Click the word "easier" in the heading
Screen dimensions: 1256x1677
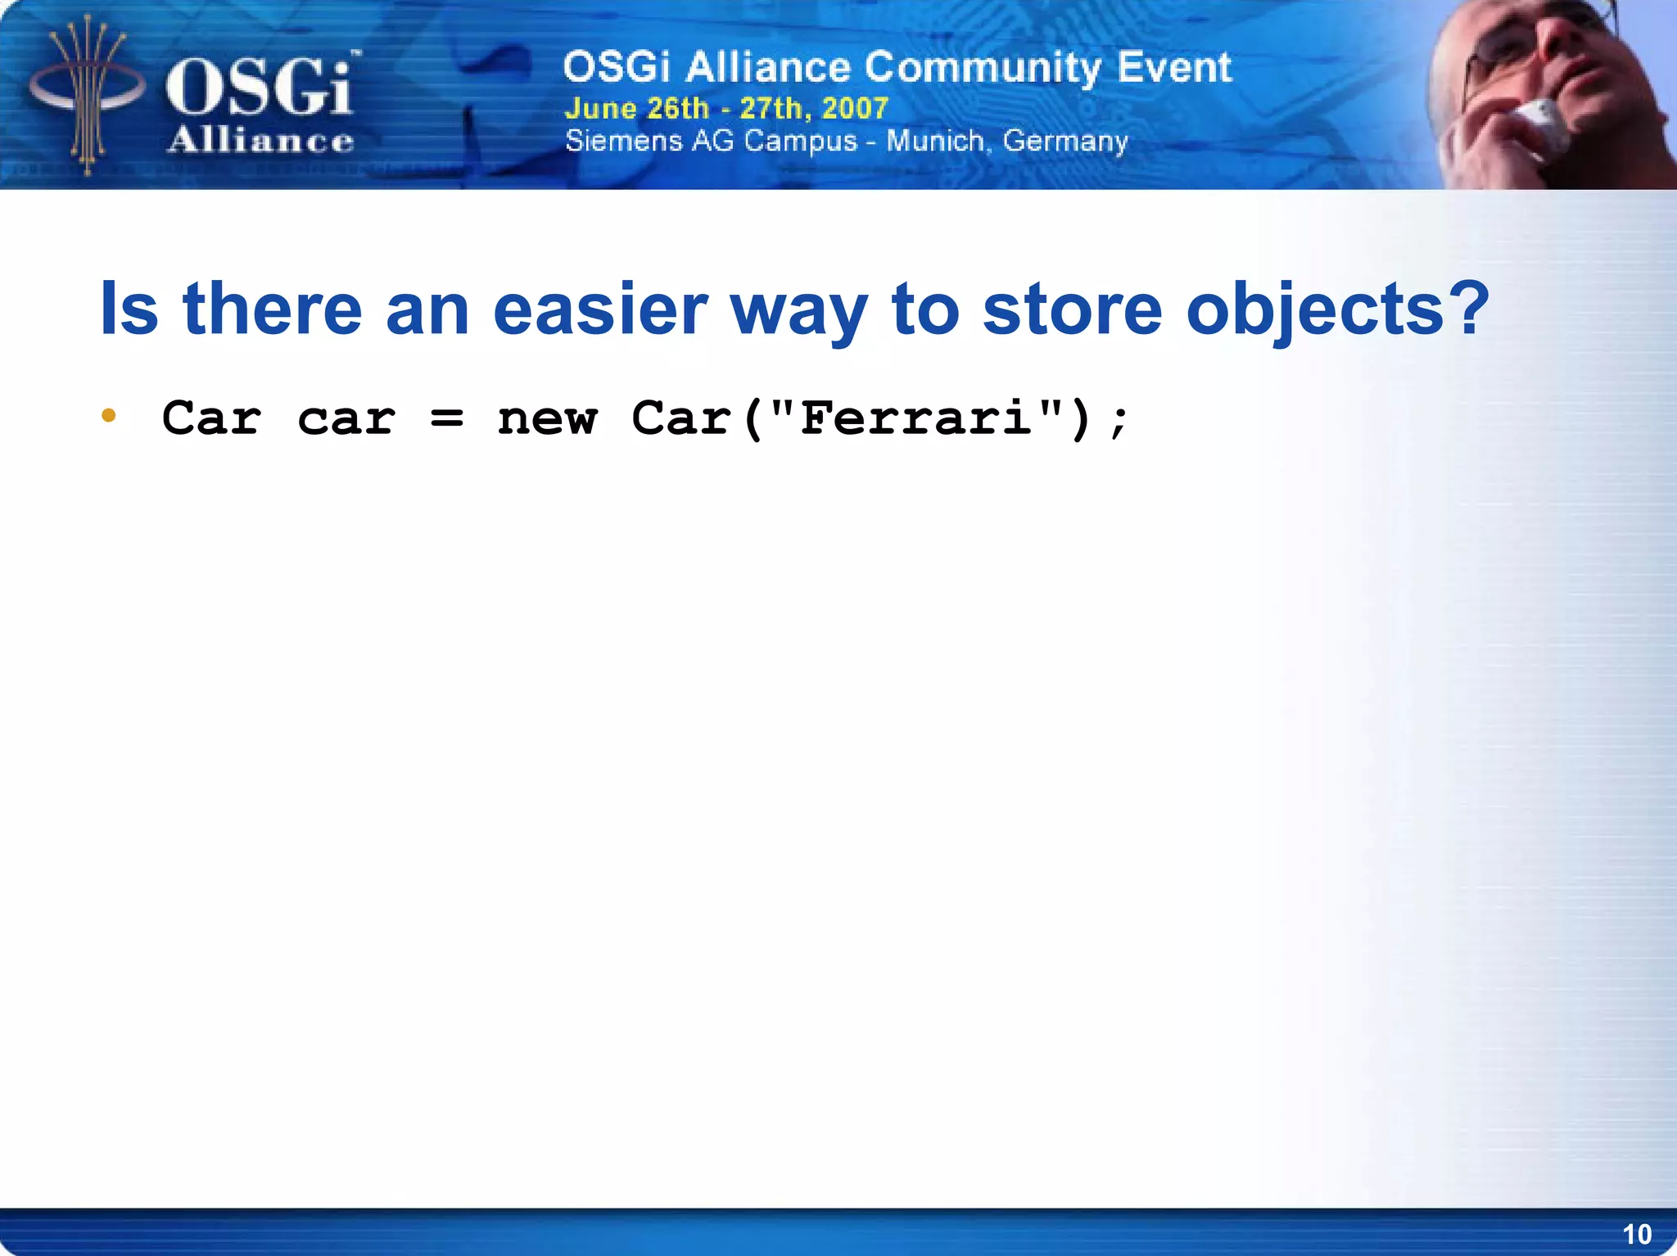(x=600, y=309)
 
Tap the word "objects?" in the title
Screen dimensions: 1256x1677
(x=1337, y=309)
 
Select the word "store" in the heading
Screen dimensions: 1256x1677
(x=1072, y=309)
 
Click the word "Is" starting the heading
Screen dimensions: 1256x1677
(x=129, y=309)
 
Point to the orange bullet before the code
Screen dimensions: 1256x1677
(x=108, y=416)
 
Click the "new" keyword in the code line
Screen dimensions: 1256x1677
(x=547, y=419)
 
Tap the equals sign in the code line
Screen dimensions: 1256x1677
(x=447, y=419)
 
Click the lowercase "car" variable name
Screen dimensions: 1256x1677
(x=346, y=419)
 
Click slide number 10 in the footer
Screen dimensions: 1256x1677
(x=1636, y=1234)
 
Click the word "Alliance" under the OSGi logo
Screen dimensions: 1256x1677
(x=260, y=141)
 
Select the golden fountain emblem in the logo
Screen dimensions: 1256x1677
(x=86, y=94)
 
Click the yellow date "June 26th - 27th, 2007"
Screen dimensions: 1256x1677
(x=726, y=108)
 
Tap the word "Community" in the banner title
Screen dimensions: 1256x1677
(x=983, y=67)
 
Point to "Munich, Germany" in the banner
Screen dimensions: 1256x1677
(x=1007, y=141)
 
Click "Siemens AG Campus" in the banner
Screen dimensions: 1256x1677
(x=711, y=141)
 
